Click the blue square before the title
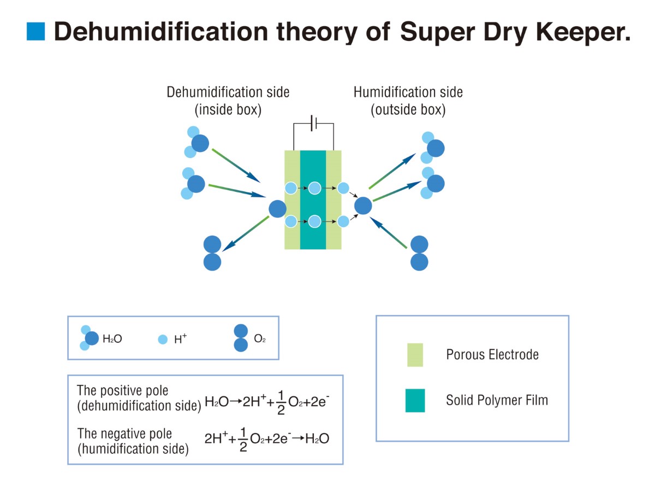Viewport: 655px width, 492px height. pos(35,31)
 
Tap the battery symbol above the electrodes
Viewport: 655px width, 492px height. pos(313,123)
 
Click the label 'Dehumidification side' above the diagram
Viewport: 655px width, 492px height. pos(228,92)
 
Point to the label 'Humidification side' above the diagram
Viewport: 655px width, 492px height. pos(408,92)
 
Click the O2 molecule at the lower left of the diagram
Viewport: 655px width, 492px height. pos(212,253)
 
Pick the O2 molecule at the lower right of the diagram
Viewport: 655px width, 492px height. pos(419,253)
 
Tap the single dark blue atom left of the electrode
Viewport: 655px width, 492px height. pos(277,209)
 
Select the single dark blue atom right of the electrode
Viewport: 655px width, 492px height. pos(363,206)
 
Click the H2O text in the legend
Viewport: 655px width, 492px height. pos(112,339)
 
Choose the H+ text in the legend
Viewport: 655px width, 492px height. pos(180,339)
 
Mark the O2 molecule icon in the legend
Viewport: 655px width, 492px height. pos(241,338)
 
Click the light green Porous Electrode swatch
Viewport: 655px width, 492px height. pos(415,355)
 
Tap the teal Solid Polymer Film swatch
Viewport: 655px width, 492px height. pos(415,401)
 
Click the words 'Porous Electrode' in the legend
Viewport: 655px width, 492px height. pos(492,355)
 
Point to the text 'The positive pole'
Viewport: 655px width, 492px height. pos(123,391)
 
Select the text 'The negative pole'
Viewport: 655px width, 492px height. pos(124,434)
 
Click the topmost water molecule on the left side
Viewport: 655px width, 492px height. pos(196,142)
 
